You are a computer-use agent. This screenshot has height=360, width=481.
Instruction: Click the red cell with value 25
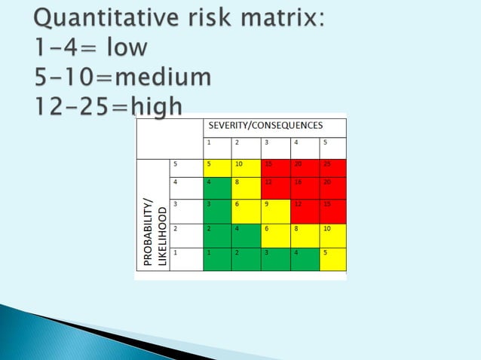pos(332,168)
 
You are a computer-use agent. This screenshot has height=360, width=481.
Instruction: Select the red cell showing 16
pos(304,188)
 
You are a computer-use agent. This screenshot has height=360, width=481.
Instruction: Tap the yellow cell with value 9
pos(275,211)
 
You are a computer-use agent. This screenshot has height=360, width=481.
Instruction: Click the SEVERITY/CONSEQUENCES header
pos(274,126)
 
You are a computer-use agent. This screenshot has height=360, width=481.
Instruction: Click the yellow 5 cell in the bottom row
pos(332,258)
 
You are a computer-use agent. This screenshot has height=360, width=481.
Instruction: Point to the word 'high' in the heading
pos(155,108)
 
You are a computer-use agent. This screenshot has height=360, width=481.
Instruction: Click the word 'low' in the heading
pos(126,47)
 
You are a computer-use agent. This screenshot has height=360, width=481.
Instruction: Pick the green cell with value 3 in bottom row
pos(275,258)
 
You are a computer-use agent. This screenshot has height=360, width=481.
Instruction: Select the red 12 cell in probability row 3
pos(304,211)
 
